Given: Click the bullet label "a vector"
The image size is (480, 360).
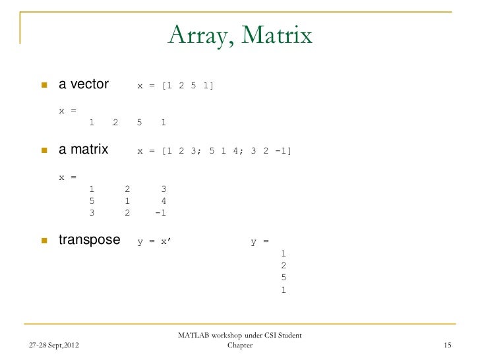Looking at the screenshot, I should point(84,84).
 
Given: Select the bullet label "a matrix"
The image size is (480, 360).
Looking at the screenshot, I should point(84,150).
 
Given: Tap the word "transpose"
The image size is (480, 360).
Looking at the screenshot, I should point(90,240).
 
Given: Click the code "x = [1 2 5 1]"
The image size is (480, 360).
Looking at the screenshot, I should point(175,86).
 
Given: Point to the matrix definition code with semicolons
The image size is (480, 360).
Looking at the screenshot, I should point(214,151).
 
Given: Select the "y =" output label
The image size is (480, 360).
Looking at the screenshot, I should point(260,241).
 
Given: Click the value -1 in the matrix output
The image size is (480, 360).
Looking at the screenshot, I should point(160,213).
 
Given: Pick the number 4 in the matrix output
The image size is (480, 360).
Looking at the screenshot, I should point(163,200).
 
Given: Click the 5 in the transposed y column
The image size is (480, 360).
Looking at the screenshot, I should point(284,277).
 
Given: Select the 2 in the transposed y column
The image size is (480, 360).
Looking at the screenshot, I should point(284,265).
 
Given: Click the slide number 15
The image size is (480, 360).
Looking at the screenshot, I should point(448,345).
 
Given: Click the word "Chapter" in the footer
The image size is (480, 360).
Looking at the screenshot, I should point(239,345).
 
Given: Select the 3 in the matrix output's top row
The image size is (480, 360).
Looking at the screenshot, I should point(163,189).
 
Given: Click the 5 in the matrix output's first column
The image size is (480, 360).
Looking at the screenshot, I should point(92,200).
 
